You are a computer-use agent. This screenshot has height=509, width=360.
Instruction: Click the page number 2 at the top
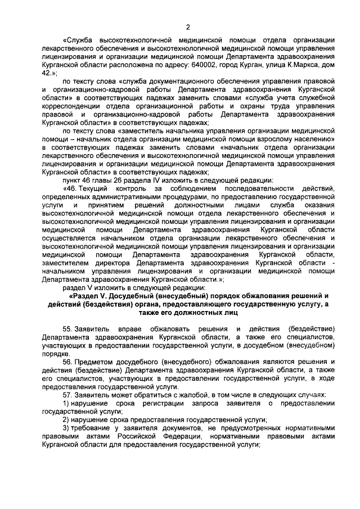[x=188, y=26]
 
